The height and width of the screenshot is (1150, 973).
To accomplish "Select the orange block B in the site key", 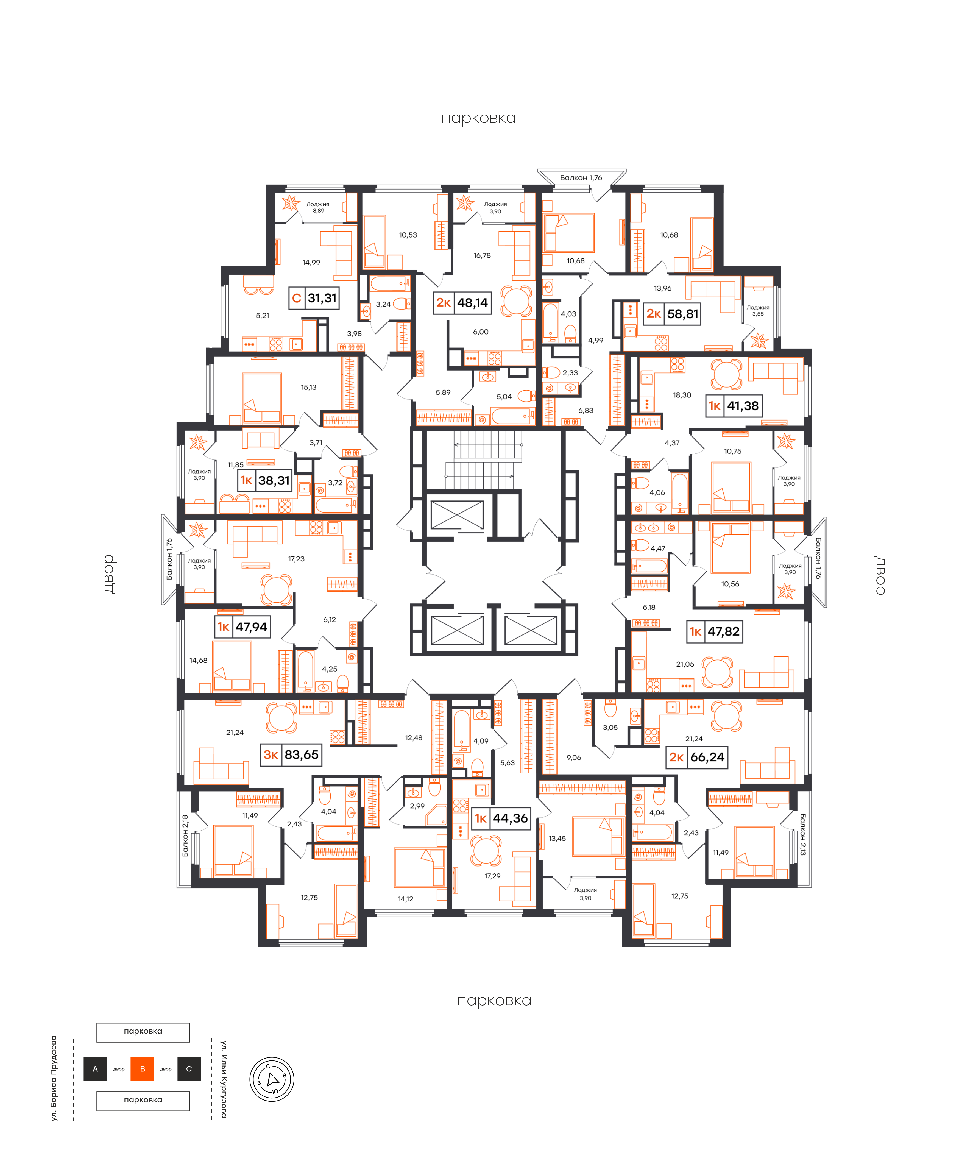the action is coord(142,1069).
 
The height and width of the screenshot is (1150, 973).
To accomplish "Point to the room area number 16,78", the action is coord(482,255).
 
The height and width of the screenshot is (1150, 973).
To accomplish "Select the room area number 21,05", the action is coord(685,664).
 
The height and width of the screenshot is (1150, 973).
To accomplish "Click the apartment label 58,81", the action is coord(683,314).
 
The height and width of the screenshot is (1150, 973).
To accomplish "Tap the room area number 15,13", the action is coord(309,387).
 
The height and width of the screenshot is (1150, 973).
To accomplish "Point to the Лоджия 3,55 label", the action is coord(758,311).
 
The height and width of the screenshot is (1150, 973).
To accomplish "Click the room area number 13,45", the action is coord(557,838).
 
